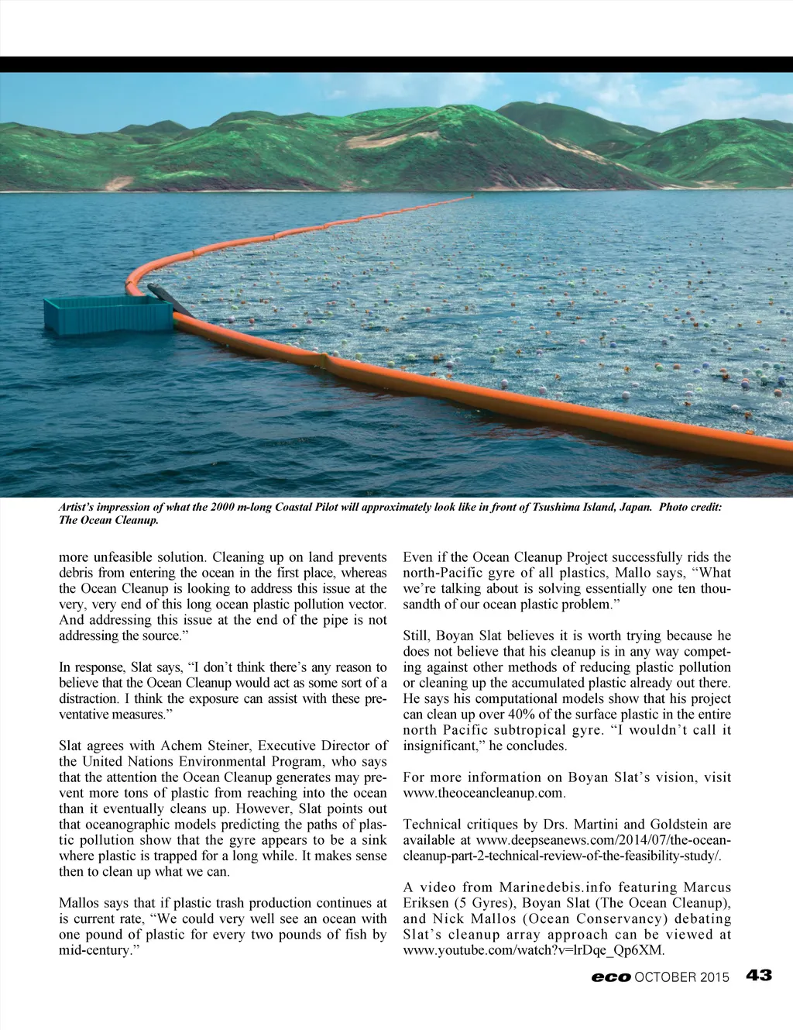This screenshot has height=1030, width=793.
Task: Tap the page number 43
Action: (x=759, y=976)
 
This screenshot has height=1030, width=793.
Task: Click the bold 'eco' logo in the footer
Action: (x=610, y=977)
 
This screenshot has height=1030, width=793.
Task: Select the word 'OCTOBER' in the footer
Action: (x=664, y=977)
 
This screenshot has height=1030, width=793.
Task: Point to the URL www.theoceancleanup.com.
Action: (x=484, y=794)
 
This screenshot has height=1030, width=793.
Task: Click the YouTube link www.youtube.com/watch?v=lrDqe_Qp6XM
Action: (x=534, y=950)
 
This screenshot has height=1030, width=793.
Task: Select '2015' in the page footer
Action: (x=715, y=977)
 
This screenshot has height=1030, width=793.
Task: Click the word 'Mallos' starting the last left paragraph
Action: (x=78, y=903)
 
